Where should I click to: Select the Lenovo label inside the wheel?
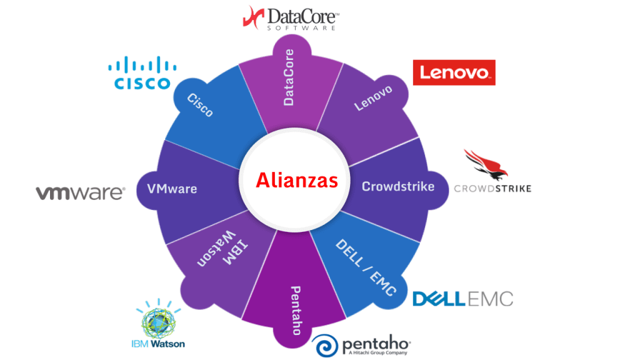(x=373, y=98)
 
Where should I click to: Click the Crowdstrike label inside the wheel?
(x=398, y=186)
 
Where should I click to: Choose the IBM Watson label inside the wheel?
(x=215, y=250)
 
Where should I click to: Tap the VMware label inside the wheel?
(x=171, y=188)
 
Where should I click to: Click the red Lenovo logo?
(x=454, y=73)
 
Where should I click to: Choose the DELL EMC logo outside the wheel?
(x=462, y=299)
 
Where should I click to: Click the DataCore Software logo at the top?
(x=290, y=18)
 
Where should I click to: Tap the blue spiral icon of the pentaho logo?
(x=326, y=346)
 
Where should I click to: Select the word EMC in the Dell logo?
(x=491, y=299)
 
